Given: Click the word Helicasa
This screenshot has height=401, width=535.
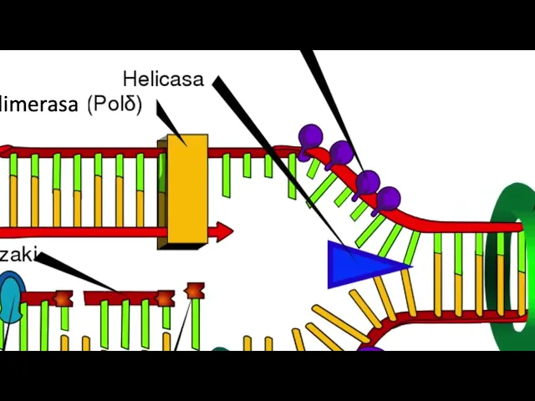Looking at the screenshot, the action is (x=163, y=79).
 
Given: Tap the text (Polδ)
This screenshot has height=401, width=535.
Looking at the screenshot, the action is (x=115, y=104).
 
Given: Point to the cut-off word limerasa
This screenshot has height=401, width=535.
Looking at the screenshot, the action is (x=40, y=104).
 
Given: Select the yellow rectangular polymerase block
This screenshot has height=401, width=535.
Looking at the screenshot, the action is (x=187, y=188).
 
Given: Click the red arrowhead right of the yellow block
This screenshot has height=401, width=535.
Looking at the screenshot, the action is (x=222, y=231).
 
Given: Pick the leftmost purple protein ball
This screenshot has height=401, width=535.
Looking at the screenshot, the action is (x=310, y=136).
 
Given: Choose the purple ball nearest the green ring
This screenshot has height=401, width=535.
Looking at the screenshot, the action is (x=388, y=199).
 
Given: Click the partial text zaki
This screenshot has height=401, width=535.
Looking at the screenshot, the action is (x=18, y=255).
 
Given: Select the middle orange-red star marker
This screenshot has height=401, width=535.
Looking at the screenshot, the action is (x=165, y=298).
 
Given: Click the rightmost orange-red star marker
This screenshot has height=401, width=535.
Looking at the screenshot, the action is (x=195, y=291).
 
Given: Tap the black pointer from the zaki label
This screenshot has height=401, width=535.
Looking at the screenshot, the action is (x=75, y=272).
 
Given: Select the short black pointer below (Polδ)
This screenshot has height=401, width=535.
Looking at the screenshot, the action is (x=166, y=119).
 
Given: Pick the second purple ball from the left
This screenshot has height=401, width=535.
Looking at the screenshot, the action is (x=340, y=153).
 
